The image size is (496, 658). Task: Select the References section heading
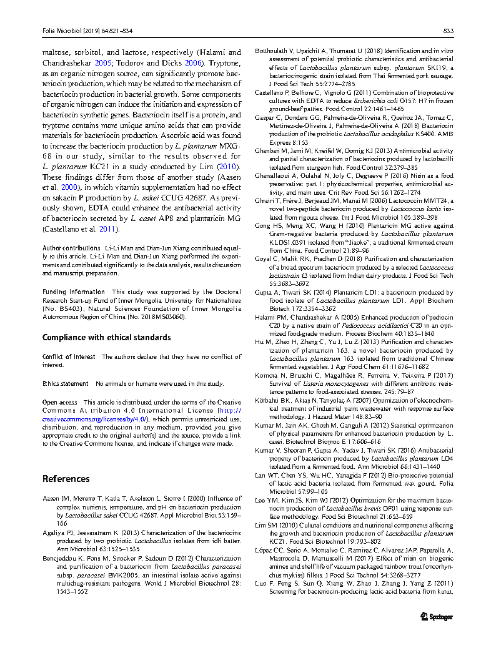pos(66,479)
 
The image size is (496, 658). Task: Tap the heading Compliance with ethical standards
pos(106,338)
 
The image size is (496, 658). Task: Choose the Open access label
pos(60,402)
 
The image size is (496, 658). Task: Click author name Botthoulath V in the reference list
pos(277,49)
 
